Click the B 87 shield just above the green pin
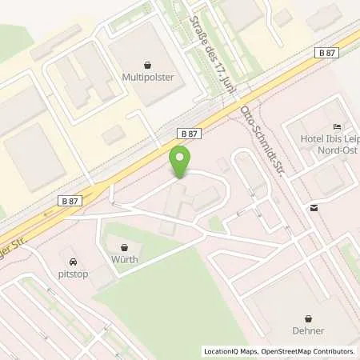click(x=189, y=135)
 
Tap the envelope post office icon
click(x=314, y=207)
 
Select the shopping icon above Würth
click(x=124, y=246)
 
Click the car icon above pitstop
click(x=73, y=262)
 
